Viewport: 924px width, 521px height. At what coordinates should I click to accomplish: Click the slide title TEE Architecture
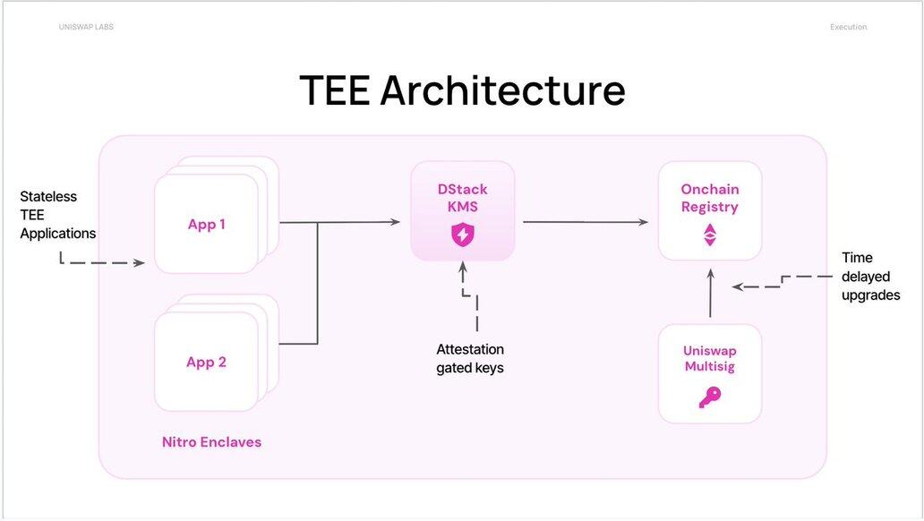click(x=462, y=90)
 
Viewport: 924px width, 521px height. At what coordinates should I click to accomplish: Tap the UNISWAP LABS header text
click(x=86, y=27)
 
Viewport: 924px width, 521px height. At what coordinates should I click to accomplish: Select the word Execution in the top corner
click(x=848, y=27)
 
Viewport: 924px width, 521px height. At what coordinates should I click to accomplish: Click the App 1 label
click(x=207, y=225)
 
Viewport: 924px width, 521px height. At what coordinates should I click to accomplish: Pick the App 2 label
click(x=207, y=363)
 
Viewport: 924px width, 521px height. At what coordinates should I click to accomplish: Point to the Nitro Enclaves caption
click(x=211, y=441)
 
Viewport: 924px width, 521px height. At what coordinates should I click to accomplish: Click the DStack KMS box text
click(x=463, y=198)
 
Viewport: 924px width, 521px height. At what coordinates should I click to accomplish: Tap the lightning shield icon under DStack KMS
click(x=463, y=235)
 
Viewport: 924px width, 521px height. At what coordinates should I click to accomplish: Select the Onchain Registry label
click(x=710, y=198)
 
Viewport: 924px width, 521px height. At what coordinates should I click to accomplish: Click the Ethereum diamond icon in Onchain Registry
click(x=710, y=235)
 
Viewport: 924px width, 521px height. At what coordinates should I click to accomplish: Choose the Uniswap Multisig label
click(x=710, y=358)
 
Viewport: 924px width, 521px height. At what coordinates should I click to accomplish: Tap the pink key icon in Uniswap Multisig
click(x=710, y=397)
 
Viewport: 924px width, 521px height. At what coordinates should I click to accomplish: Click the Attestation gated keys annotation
click(x=470, y=358)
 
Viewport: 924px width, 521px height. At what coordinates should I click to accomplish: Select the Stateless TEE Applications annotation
click(x=57, y=215)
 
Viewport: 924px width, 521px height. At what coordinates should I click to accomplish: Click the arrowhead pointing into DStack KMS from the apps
click(x=395, y=221)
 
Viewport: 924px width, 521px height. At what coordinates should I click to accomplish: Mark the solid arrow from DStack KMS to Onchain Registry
click(x=586, y=221)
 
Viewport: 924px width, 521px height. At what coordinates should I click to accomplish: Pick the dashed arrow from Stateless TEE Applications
click(x=103, y=262)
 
